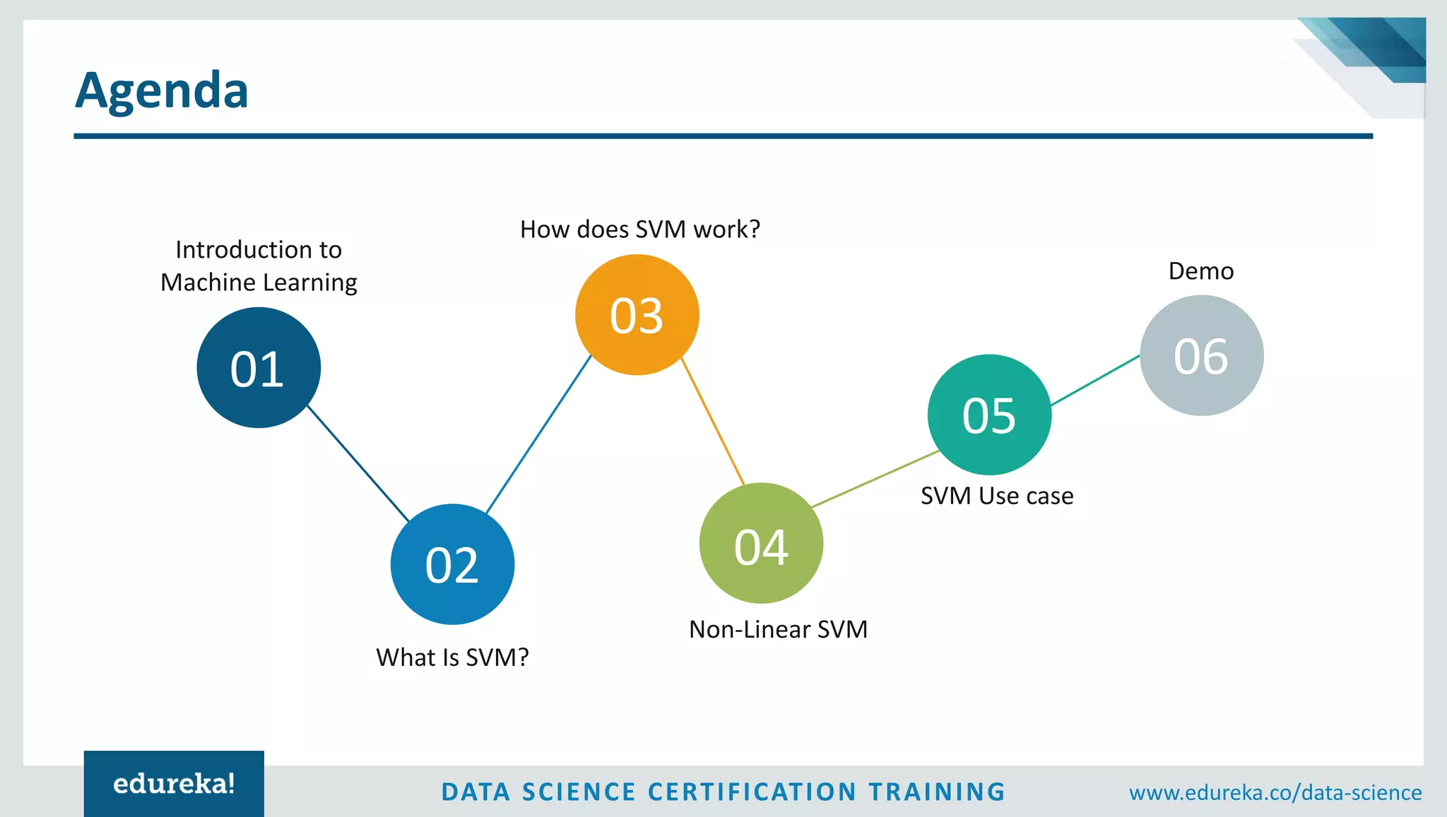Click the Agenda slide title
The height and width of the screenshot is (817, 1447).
[x=162, y=90]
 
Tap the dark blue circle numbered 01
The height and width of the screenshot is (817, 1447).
[x=259, y=367]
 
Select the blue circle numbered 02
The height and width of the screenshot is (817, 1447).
[x=452, y=564]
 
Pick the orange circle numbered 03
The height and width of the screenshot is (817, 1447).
[x=637, y=315]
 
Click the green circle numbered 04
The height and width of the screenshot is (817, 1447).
[x=761, y=543]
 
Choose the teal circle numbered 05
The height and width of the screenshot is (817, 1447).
[x=989, y=415]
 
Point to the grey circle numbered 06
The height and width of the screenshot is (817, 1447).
[x=1201, y=355]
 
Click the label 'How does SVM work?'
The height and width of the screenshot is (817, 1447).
[x=639, y=229]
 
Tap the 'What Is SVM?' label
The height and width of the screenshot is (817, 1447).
[x=452, y=657]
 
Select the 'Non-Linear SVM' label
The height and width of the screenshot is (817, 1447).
[x=778, y=629]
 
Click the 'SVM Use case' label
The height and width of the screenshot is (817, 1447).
[x=997, y=496]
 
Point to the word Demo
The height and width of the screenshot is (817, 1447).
[x=1200, y=271]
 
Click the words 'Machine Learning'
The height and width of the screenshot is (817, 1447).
[x=259, y=282]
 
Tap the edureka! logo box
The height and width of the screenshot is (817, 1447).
[x=174, y=784]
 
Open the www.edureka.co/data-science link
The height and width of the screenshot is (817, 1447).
[x=1275, y=793]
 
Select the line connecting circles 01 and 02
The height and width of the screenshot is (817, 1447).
[x=358, y=463]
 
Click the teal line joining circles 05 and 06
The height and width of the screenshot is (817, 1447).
[x=1095, y=381]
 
